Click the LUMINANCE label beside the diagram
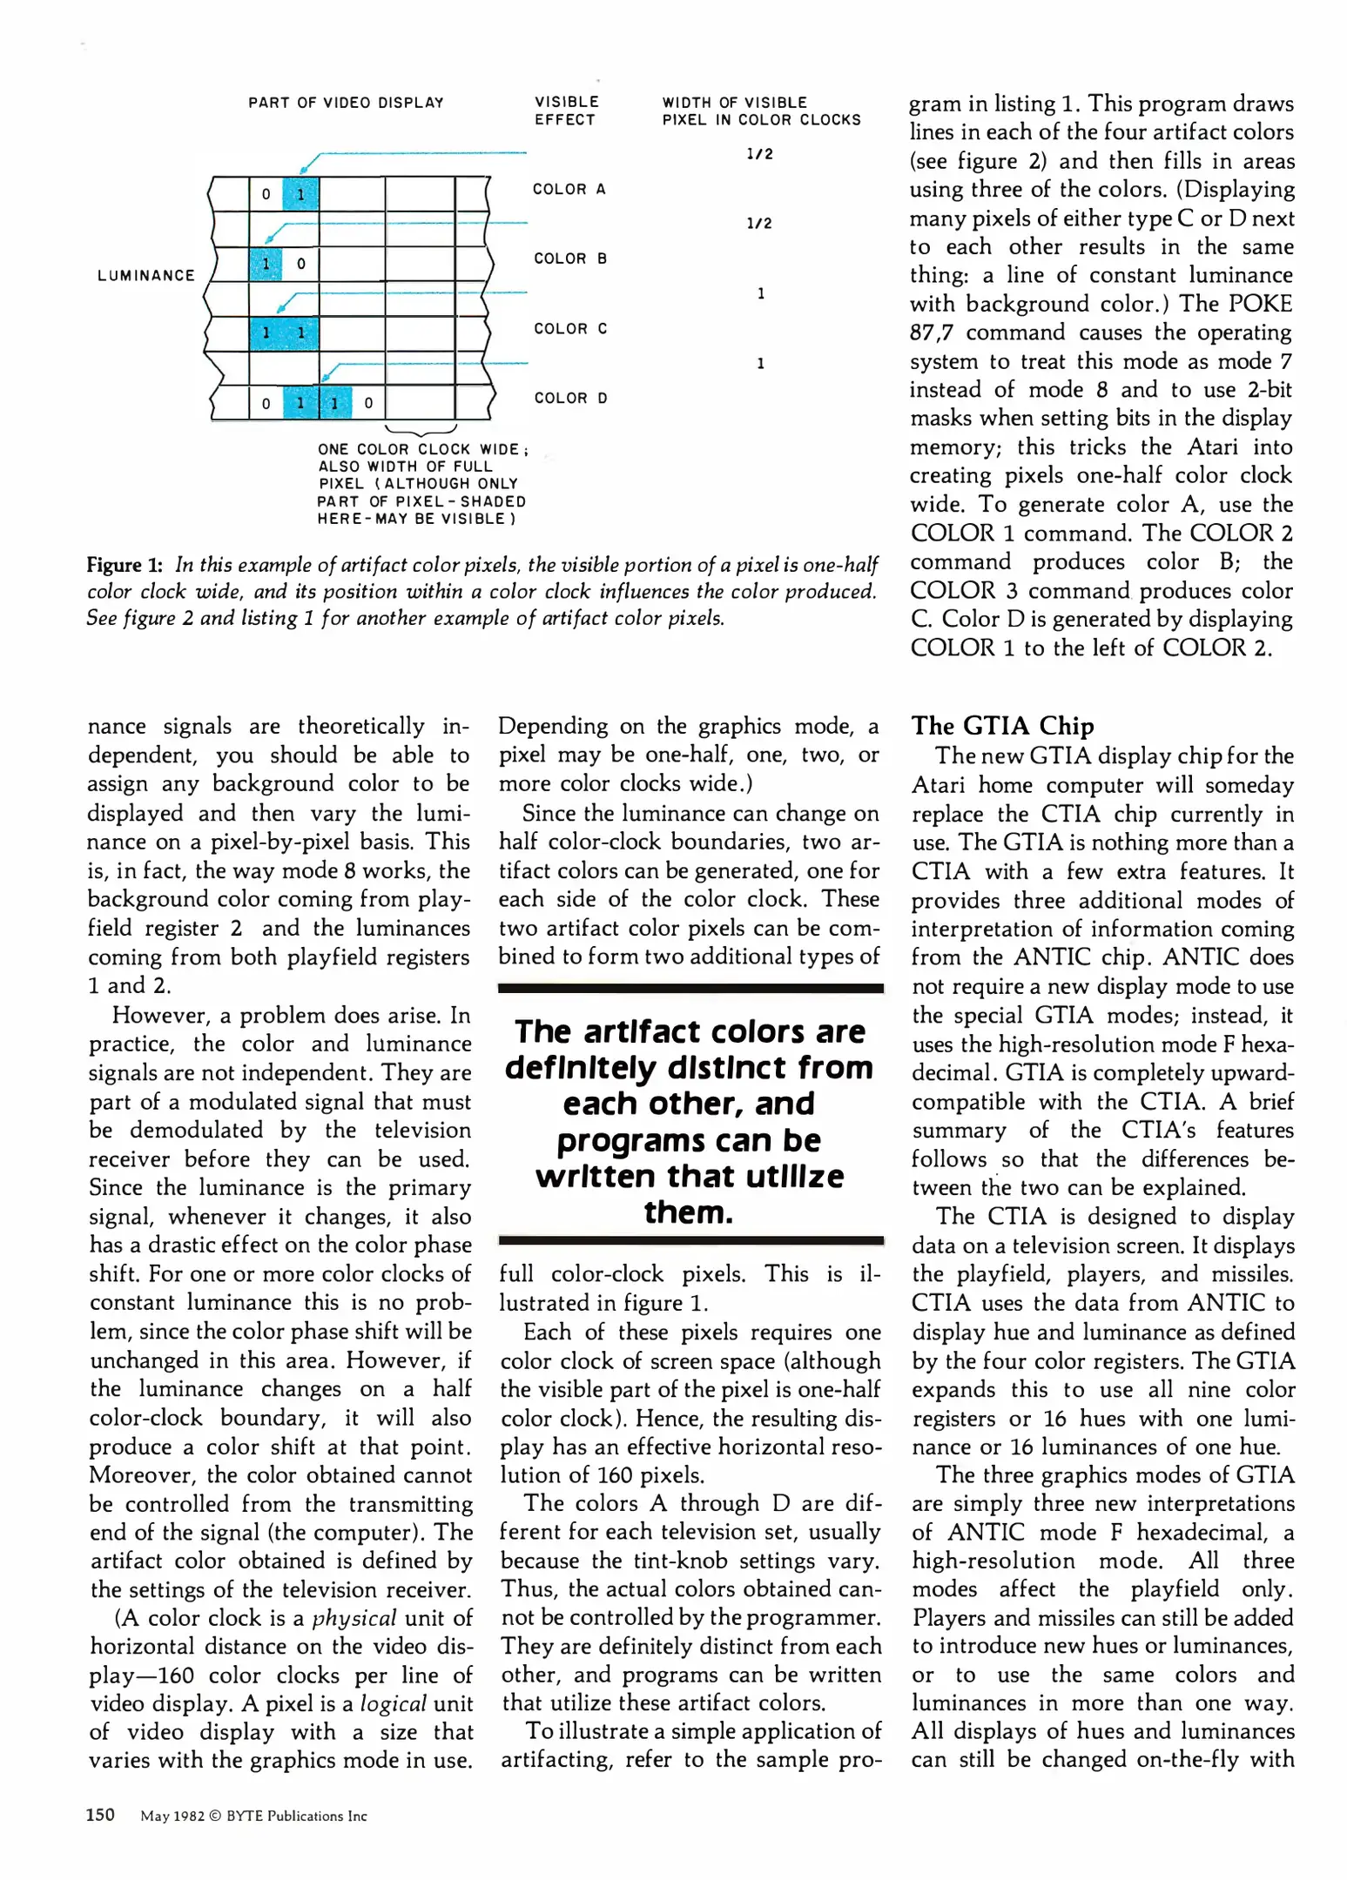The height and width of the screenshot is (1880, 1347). [x=146, y=275]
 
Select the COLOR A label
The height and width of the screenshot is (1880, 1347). [x=569, y=189]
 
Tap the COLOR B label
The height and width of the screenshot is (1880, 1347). [x=569, y=258]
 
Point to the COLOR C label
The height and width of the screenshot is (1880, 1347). [x=569, y=328]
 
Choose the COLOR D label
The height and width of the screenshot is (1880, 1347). [x=569, y=398]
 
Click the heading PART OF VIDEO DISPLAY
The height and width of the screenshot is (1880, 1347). [x=346, y=103]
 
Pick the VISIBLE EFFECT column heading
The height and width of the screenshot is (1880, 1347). [x=566, y=111]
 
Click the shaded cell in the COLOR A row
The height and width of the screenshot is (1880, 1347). [x=300, y=193]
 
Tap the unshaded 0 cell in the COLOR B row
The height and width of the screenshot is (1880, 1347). [x=300, y=263]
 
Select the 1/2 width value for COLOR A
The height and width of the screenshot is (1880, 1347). [x=759, y=154]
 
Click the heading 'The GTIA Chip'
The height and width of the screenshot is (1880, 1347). [x=1002, y=725]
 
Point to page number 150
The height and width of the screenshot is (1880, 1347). [x=100, y=1814]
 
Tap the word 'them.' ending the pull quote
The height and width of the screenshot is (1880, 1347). [x=688, y=1212]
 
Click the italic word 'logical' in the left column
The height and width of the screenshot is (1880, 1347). [x=393, y=1703]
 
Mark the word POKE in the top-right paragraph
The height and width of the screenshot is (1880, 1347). [x=1260, y=304]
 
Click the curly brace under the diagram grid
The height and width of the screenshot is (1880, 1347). [x=421, y=430]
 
